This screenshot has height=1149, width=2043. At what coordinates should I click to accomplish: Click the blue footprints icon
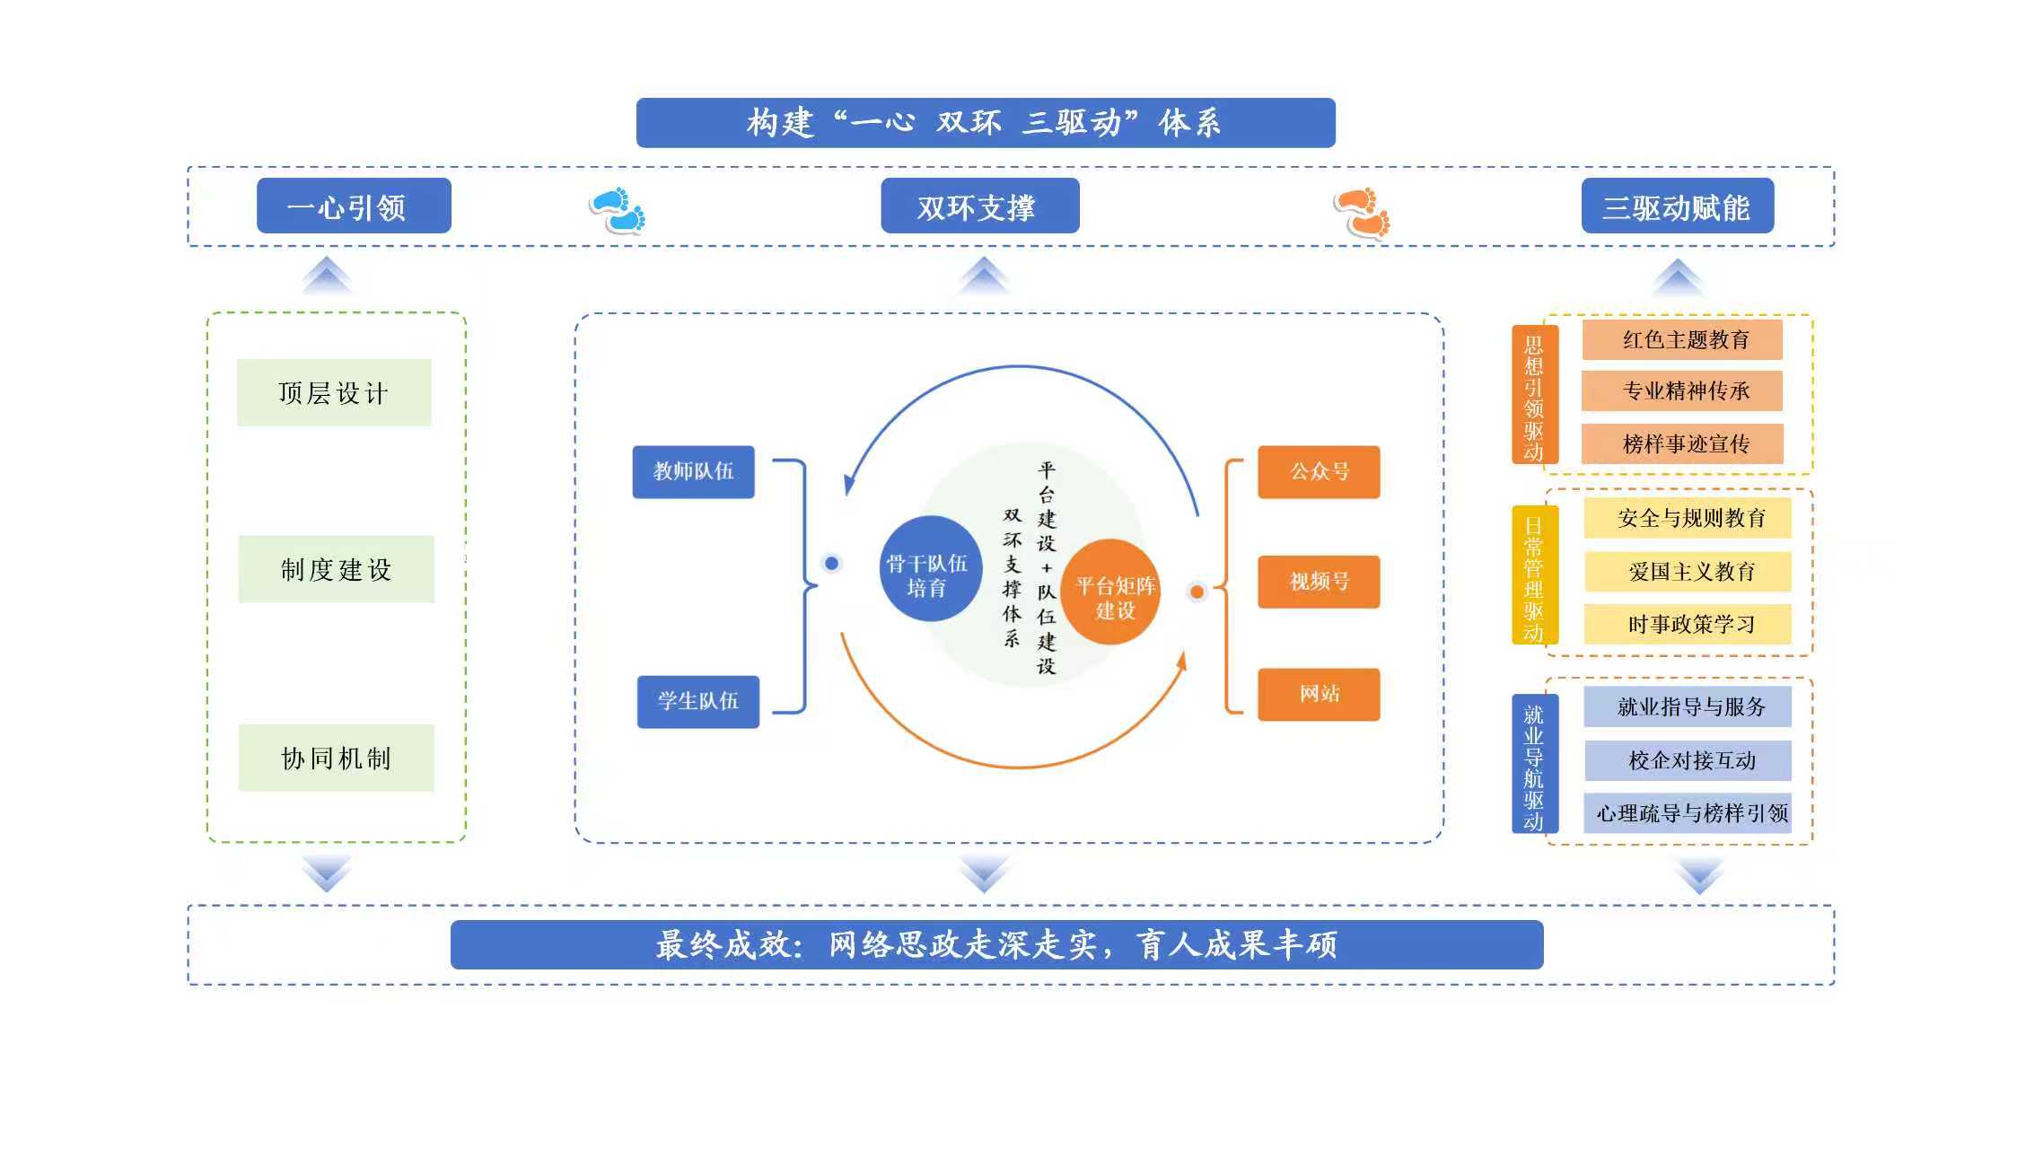pos(618,210)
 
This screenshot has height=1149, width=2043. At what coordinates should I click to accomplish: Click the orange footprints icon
pos(1362,213)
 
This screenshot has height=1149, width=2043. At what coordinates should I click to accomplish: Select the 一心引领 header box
pos(354,206)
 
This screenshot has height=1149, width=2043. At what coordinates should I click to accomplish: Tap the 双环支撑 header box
pos(979,206)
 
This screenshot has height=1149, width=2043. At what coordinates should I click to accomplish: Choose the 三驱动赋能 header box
pos(1677,206)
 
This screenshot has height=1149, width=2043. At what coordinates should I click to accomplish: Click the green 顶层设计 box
pos(334,392)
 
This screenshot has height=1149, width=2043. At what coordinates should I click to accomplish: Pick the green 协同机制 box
pos(336,758)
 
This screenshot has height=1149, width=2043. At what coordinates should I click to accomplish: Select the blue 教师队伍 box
pos(693,471)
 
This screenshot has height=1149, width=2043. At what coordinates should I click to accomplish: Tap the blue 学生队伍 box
pos(697,701)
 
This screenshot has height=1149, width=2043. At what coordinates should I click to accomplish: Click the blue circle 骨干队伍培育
pos(926,569)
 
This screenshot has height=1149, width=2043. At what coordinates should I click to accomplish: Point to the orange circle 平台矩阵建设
pos(1112,592)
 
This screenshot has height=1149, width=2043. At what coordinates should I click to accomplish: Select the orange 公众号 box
pos(1318,471)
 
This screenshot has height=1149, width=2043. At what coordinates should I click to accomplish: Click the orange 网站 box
pos(1318,694)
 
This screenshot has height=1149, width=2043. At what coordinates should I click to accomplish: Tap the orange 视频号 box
pos(1318,582)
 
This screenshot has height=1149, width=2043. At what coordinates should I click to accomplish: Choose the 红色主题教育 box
pos(1681,339)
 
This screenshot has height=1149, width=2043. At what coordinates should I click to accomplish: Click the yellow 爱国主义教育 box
pos(1687,572)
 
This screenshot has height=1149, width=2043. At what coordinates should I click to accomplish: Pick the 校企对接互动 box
pos(1687,760)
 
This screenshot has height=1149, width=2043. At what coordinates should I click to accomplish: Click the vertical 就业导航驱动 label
pos(1534,763)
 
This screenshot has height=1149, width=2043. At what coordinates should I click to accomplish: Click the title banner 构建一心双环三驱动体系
pos(985,122)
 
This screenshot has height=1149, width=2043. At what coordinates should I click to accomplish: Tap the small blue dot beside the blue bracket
pos(831,564)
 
